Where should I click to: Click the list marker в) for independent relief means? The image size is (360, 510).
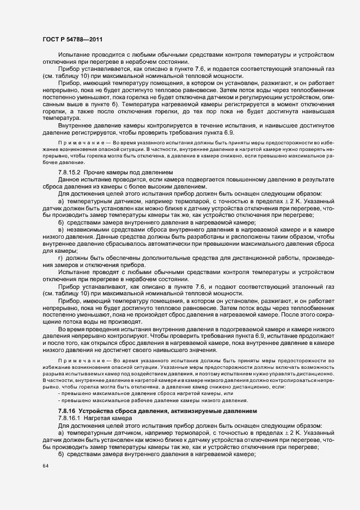[x=61, y=230]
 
